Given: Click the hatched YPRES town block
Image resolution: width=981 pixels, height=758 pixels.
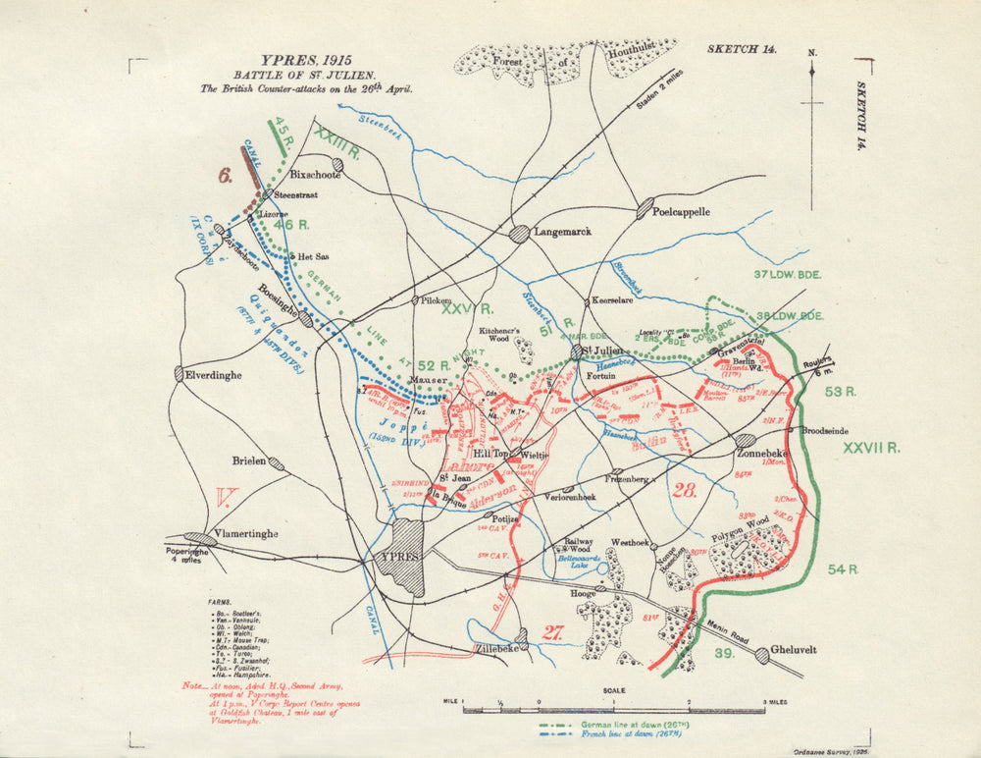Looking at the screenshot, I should click(x=406, y=556).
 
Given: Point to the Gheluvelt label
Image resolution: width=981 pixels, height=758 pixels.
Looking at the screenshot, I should click(x=798, y=651).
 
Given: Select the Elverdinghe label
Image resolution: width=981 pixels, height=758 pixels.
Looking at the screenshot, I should click(x=209, y=373).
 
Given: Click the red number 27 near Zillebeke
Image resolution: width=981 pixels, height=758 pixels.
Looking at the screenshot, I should click(x=552, y=633).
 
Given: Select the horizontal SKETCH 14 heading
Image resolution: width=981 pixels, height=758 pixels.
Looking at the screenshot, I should click(x=741, y=48).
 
